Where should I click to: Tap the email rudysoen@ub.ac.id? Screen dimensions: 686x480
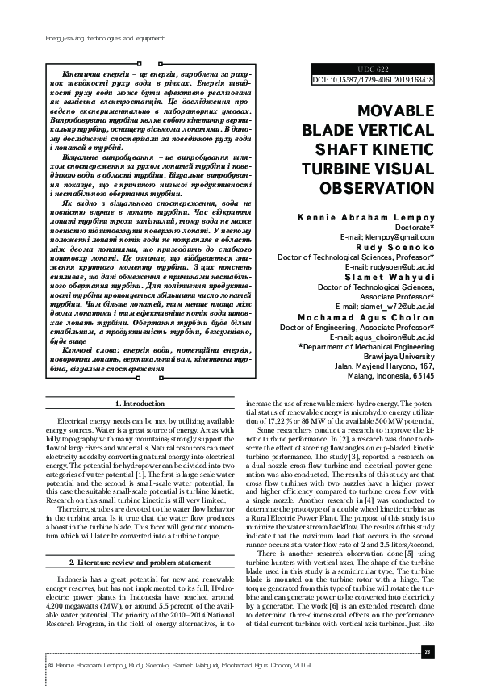tap(390, 266)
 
